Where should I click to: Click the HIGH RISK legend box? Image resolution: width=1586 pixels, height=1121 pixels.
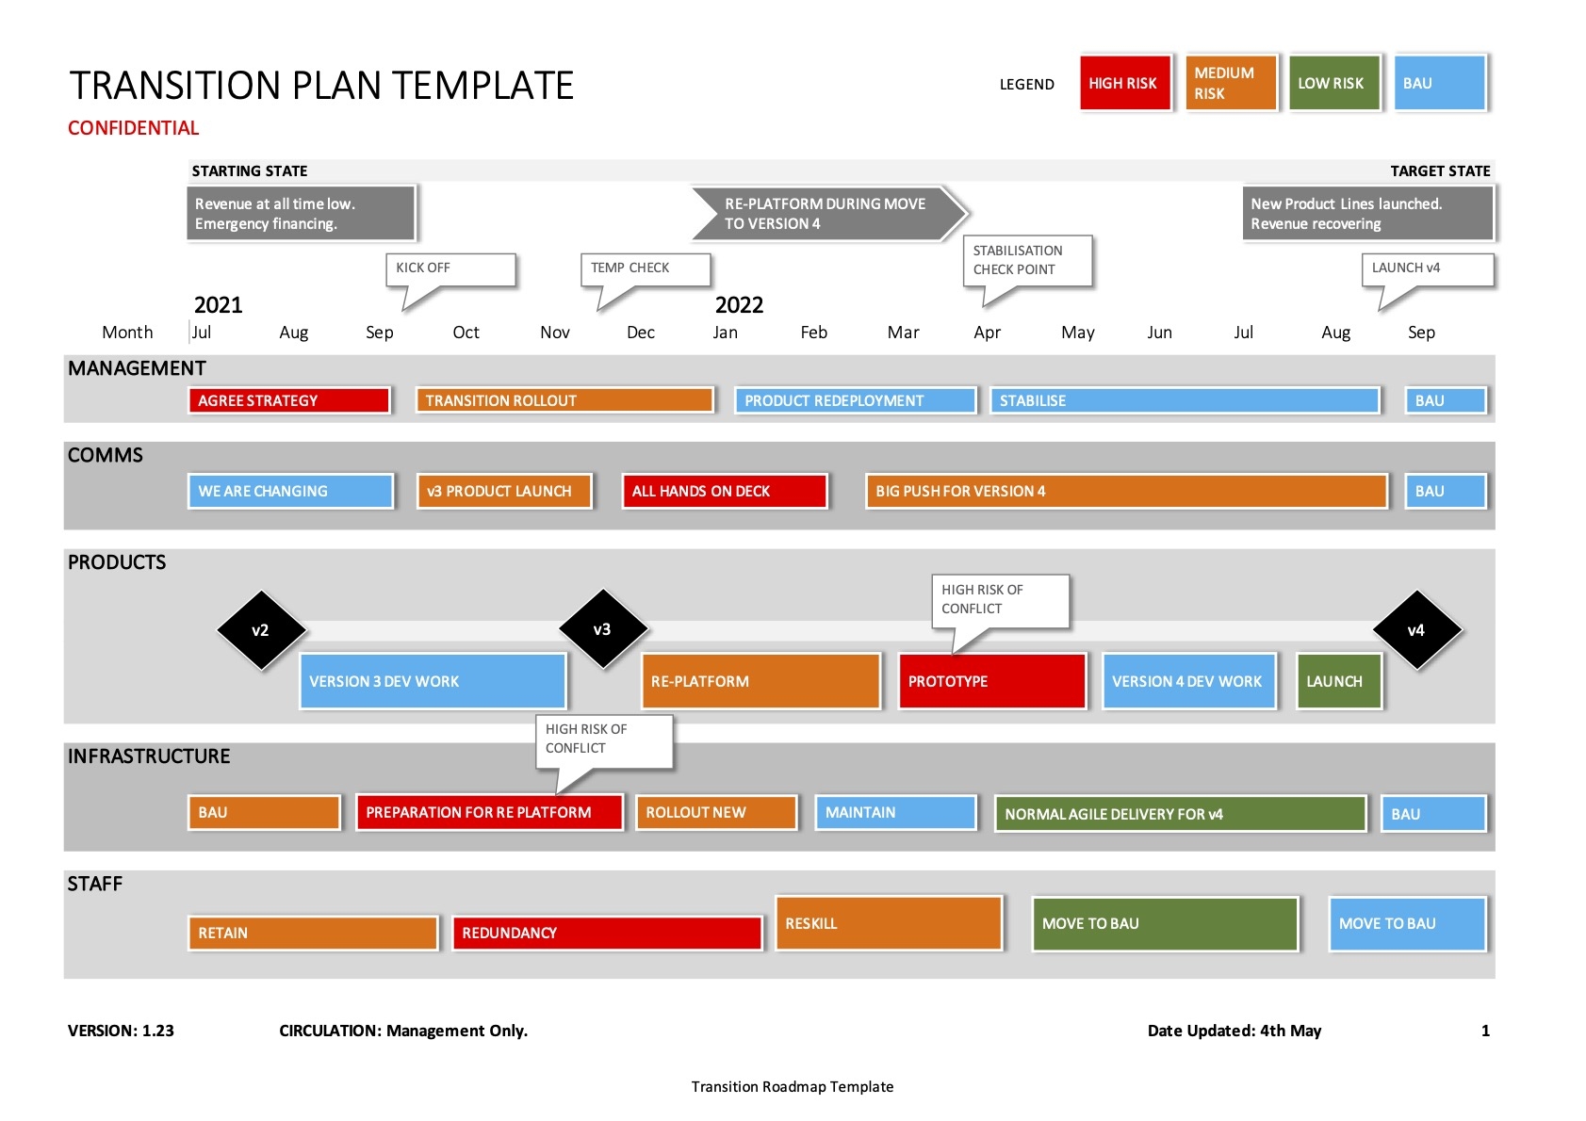(1125, 83)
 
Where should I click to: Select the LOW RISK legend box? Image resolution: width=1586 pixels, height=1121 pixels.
(1333, 83)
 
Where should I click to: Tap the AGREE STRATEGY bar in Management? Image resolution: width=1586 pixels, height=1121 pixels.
(288, 400)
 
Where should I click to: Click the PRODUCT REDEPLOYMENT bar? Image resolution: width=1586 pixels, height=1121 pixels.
(855, 400)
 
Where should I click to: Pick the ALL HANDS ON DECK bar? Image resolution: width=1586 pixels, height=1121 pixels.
(724, 491)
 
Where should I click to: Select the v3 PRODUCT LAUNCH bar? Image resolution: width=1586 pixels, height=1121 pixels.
(504, 491)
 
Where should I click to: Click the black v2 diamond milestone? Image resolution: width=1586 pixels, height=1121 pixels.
(260, 630)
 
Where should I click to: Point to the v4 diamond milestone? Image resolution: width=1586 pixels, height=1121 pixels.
(1415, 630)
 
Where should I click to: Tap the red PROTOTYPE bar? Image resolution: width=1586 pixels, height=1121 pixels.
(991, 681)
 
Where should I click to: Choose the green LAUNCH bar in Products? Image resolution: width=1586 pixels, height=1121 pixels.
(1338, 681)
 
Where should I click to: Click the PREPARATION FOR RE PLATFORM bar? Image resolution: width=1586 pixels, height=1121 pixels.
(489, 812)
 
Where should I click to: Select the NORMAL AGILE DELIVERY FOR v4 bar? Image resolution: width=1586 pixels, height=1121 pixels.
(1180, 814)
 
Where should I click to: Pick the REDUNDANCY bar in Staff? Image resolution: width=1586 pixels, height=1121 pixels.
(606, 933)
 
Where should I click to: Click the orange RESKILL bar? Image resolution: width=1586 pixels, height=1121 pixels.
(888, 923)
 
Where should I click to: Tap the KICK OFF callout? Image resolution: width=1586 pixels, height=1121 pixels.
(450, 268)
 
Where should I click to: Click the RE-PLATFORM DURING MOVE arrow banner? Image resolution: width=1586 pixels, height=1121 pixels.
(827, 214)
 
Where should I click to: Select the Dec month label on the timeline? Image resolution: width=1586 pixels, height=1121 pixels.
(641, 333)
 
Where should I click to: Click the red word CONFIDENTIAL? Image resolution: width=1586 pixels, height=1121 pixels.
(133, 128)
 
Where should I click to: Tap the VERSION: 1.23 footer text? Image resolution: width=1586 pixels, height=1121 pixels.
(121, 1031)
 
